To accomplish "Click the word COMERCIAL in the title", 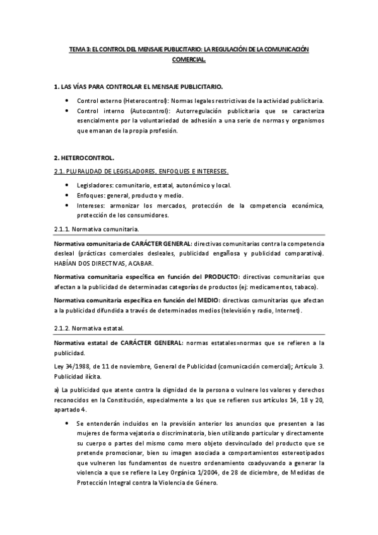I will [x=189, y=61].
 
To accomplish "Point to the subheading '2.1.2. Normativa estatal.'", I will [x=89, y=329].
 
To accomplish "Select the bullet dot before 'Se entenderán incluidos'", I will [x=68, y=423].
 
